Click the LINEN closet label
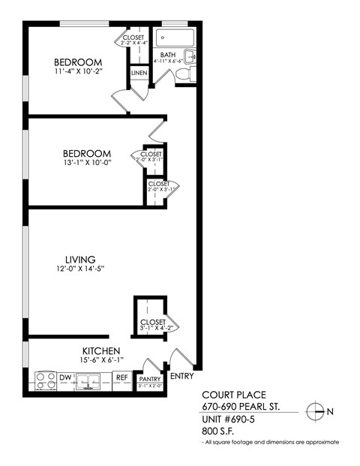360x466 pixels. tap(139, 73)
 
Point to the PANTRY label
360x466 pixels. tap(150, 380)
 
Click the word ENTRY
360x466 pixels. tap(182, 375)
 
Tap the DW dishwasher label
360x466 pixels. tap(65, 377)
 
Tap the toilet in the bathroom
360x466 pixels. tap(190, 74)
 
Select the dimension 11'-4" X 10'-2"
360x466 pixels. tap(77, 73)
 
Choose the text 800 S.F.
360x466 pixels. tap(220, 431)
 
